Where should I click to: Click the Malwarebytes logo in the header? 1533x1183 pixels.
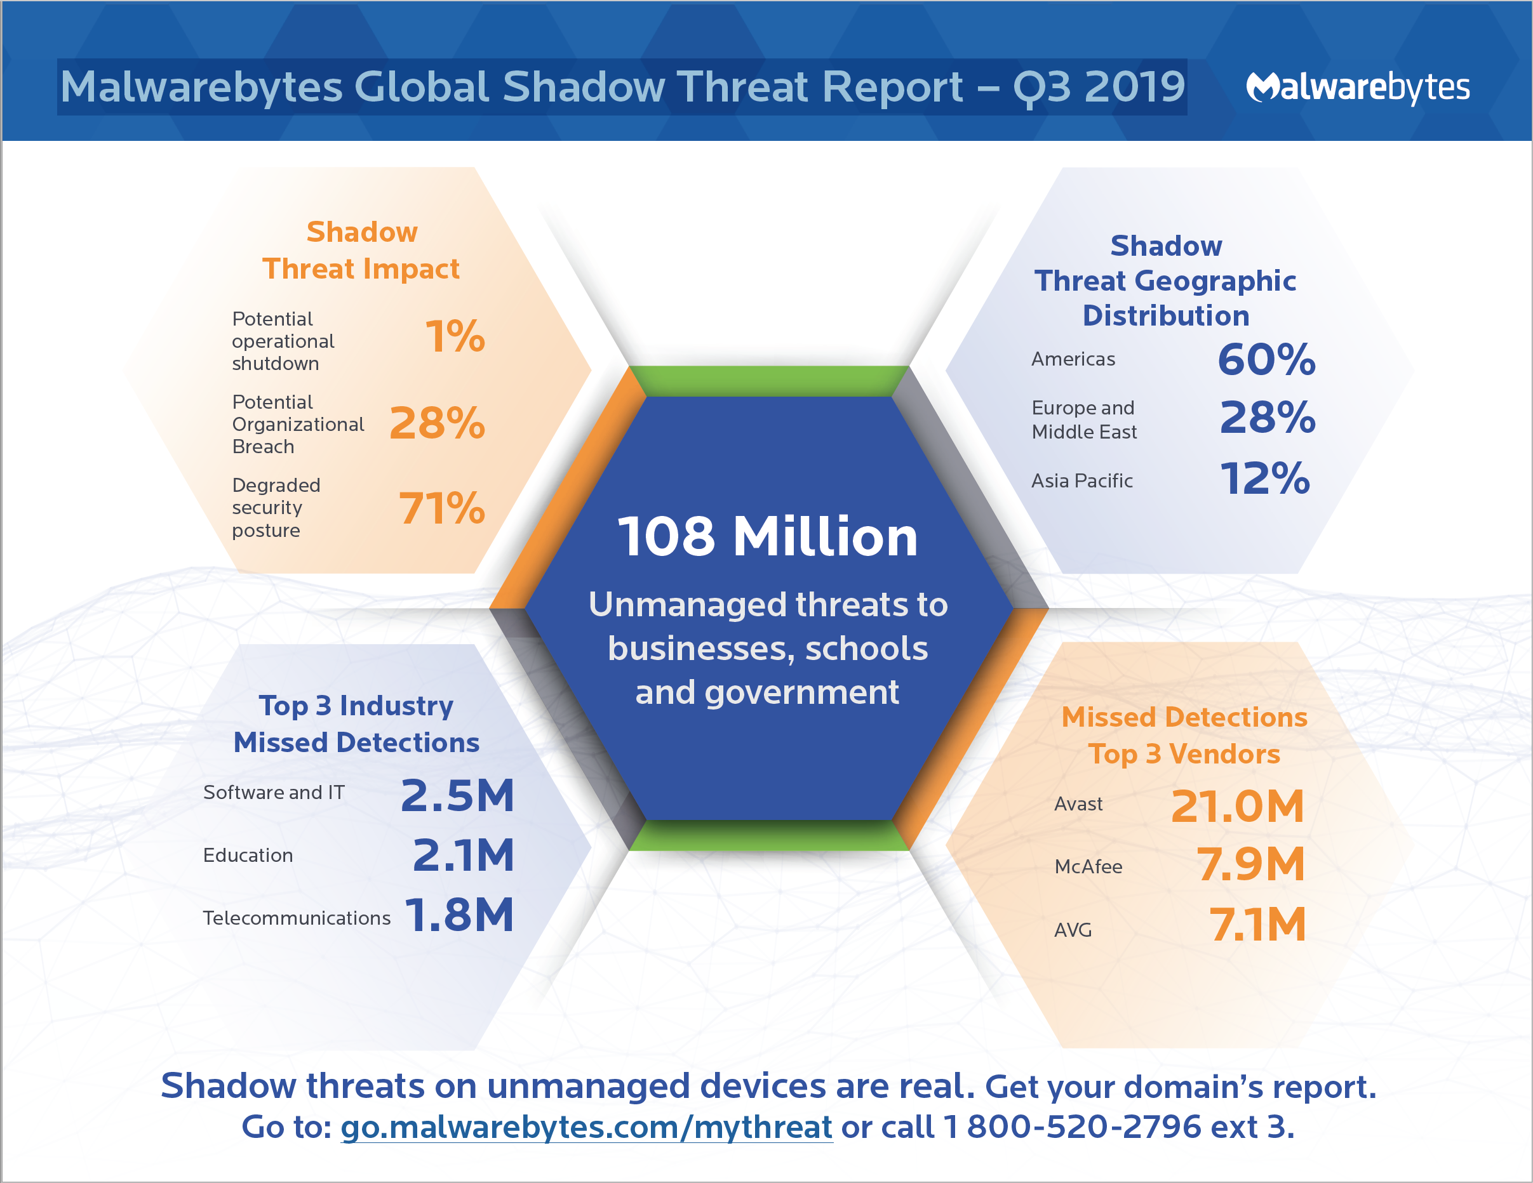coord(1357,88)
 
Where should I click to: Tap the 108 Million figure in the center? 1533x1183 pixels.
coord(767,537)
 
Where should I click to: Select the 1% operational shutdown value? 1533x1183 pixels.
coord(455,336)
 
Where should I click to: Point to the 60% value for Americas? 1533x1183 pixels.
coord(1266,360)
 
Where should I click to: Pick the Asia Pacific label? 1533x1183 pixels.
coord(1081,480)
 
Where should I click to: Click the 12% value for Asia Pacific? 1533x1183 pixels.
coord(1265,479)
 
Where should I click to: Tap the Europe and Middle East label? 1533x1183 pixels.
coord(1084,420)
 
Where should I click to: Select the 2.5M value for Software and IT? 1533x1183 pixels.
coord(458,796)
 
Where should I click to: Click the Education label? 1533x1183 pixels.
coord(248,856)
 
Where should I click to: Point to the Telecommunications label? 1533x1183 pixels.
coord(296,918)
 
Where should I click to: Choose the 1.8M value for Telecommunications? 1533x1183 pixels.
coord(460,916)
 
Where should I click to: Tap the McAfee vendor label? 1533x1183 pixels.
coord(1088,866)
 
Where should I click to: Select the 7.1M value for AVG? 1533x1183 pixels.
coord(1257,924)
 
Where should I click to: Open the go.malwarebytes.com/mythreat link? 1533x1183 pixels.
coord(586,1127)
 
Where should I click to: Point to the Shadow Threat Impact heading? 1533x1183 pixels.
coord(361,251)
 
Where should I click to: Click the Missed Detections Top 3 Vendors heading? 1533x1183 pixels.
coord(1184,736)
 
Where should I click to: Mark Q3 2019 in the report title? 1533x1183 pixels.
coord(1099,87)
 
